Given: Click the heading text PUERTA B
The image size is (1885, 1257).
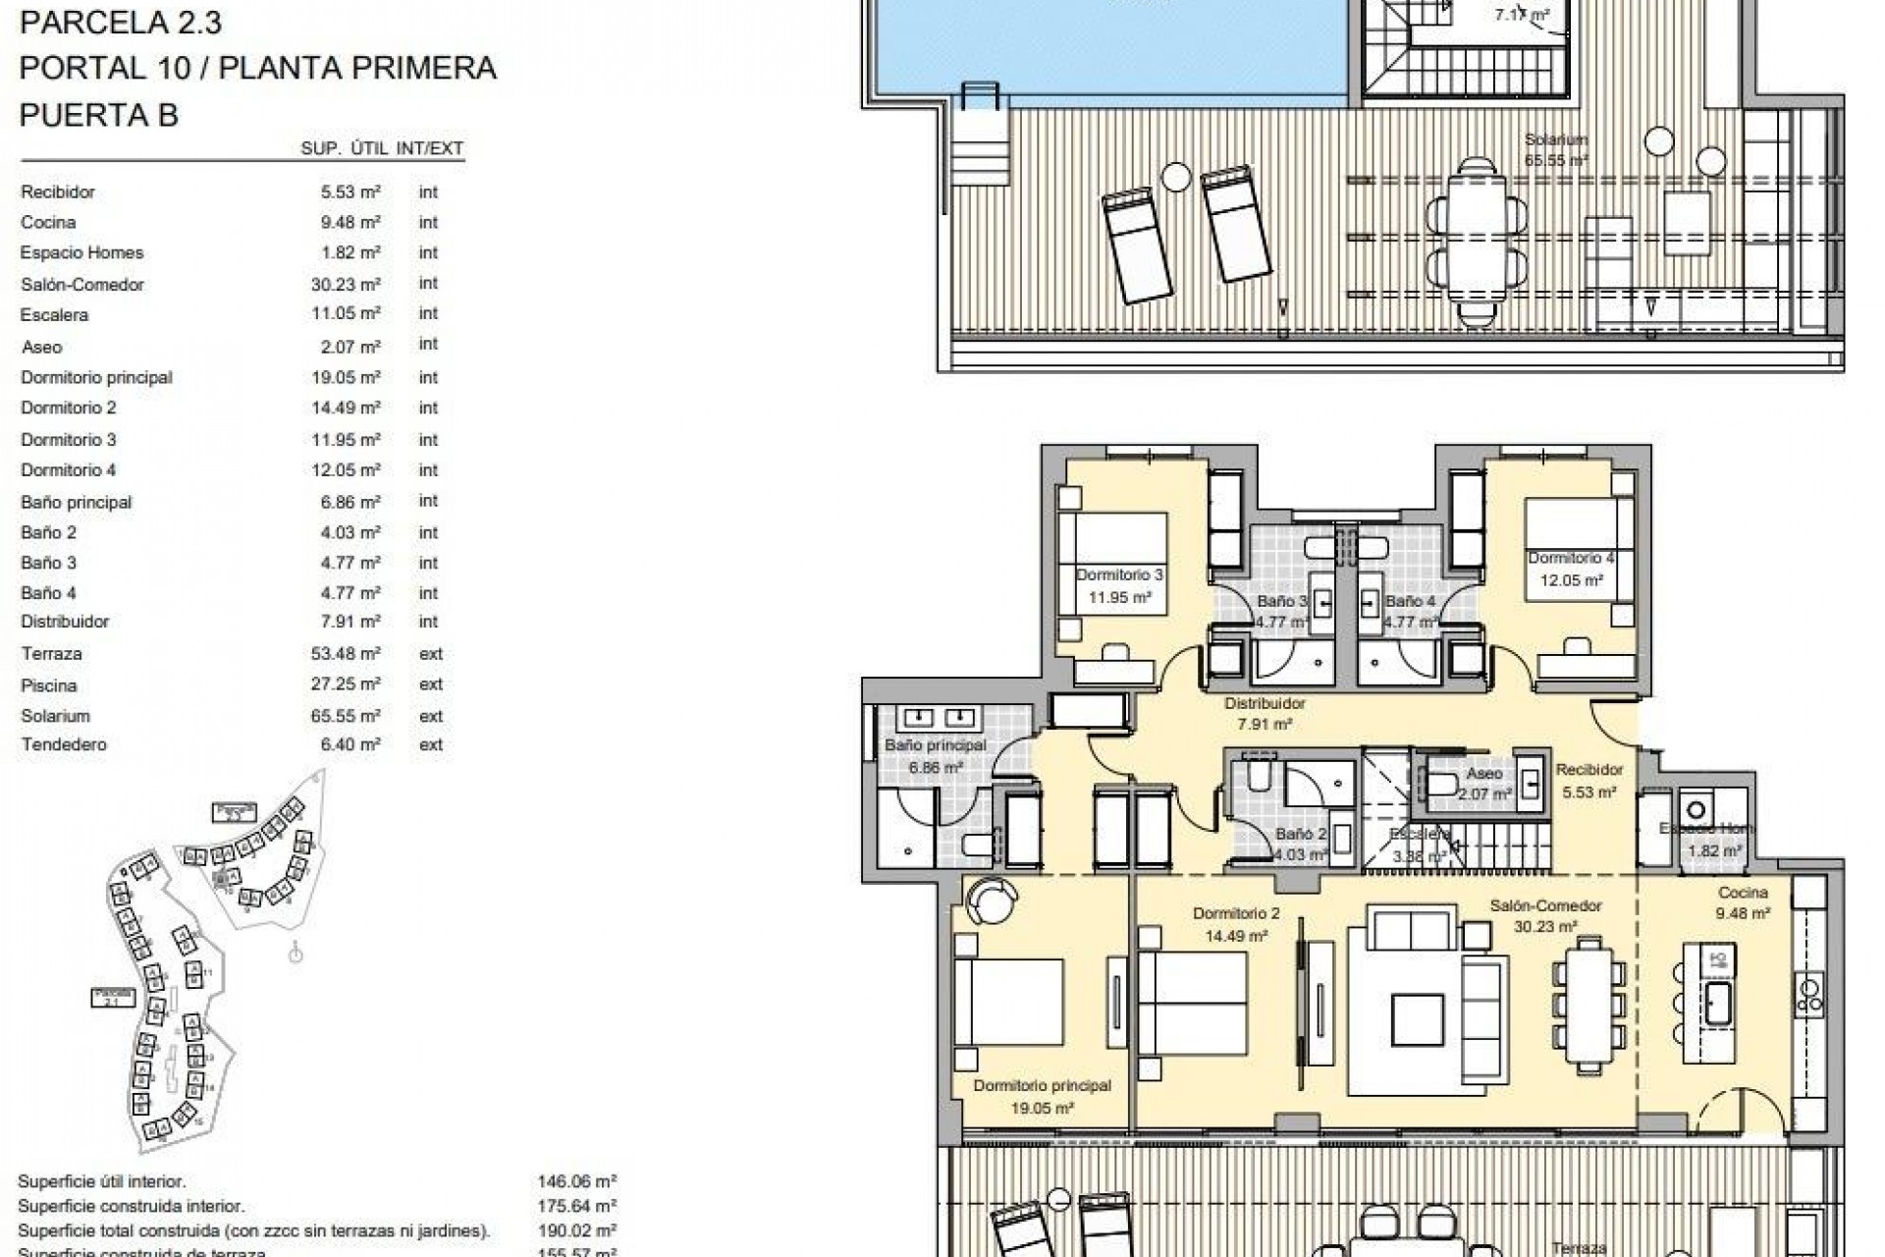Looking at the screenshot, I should click(x=99, y=115).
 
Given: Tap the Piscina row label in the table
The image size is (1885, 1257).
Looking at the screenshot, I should click(x=48, y=685).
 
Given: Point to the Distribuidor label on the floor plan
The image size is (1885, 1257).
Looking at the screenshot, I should click(x=1265, y=703).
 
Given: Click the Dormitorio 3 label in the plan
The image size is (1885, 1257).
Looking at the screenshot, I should click(x=1119, y=574).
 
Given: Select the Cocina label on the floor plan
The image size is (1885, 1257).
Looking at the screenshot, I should click(x=1743, y=893).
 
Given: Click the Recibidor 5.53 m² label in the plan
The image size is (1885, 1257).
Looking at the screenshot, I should click(x=1589, y=781).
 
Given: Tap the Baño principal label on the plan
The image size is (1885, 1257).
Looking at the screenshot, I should click(x=935, y=746).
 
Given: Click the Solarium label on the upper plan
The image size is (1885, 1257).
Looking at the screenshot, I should click(x=1556, y=140).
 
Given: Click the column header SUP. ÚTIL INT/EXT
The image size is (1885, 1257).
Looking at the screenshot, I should click(x=381, y=149).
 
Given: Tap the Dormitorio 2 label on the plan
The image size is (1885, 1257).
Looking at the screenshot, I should click(x=1236, y=913).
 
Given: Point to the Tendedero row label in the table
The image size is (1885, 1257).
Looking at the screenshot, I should click(x=63, y=744).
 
